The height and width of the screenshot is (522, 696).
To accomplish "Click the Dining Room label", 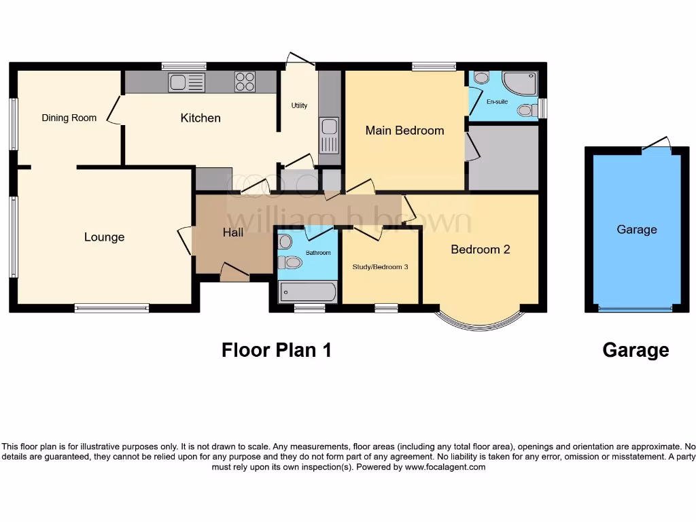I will point(69,118).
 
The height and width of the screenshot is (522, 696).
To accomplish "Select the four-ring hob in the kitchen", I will point(245,82).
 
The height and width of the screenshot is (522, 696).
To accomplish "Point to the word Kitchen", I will point(201,118).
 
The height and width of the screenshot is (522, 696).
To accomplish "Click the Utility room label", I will point(299,105).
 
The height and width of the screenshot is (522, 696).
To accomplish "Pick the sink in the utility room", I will point(329,136).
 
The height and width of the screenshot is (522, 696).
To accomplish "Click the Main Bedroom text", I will point(404,130).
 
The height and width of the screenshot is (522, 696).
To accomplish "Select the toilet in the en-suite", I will point(525,110).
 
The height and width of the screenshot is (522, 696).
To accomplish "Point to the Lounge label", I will point(104,237).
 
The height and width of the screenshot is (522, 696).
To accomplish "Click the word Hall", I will point(232,232).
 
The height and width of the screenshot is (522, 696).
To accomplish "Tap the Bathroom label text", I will point(317,253).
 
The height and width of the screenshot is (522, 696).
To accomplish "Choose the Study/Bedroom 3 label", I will point(380,266).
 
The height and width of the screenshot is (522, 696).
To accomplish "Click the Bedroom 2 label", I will point(480,249).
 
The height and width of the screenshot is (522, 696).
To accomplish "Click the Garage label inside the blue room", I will point(636,229).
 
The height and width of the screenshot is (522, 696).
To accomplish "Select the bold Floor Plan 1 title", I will point(277,350).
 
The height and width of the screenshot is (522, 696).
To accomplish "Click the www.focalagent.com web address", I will point(445,467).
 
